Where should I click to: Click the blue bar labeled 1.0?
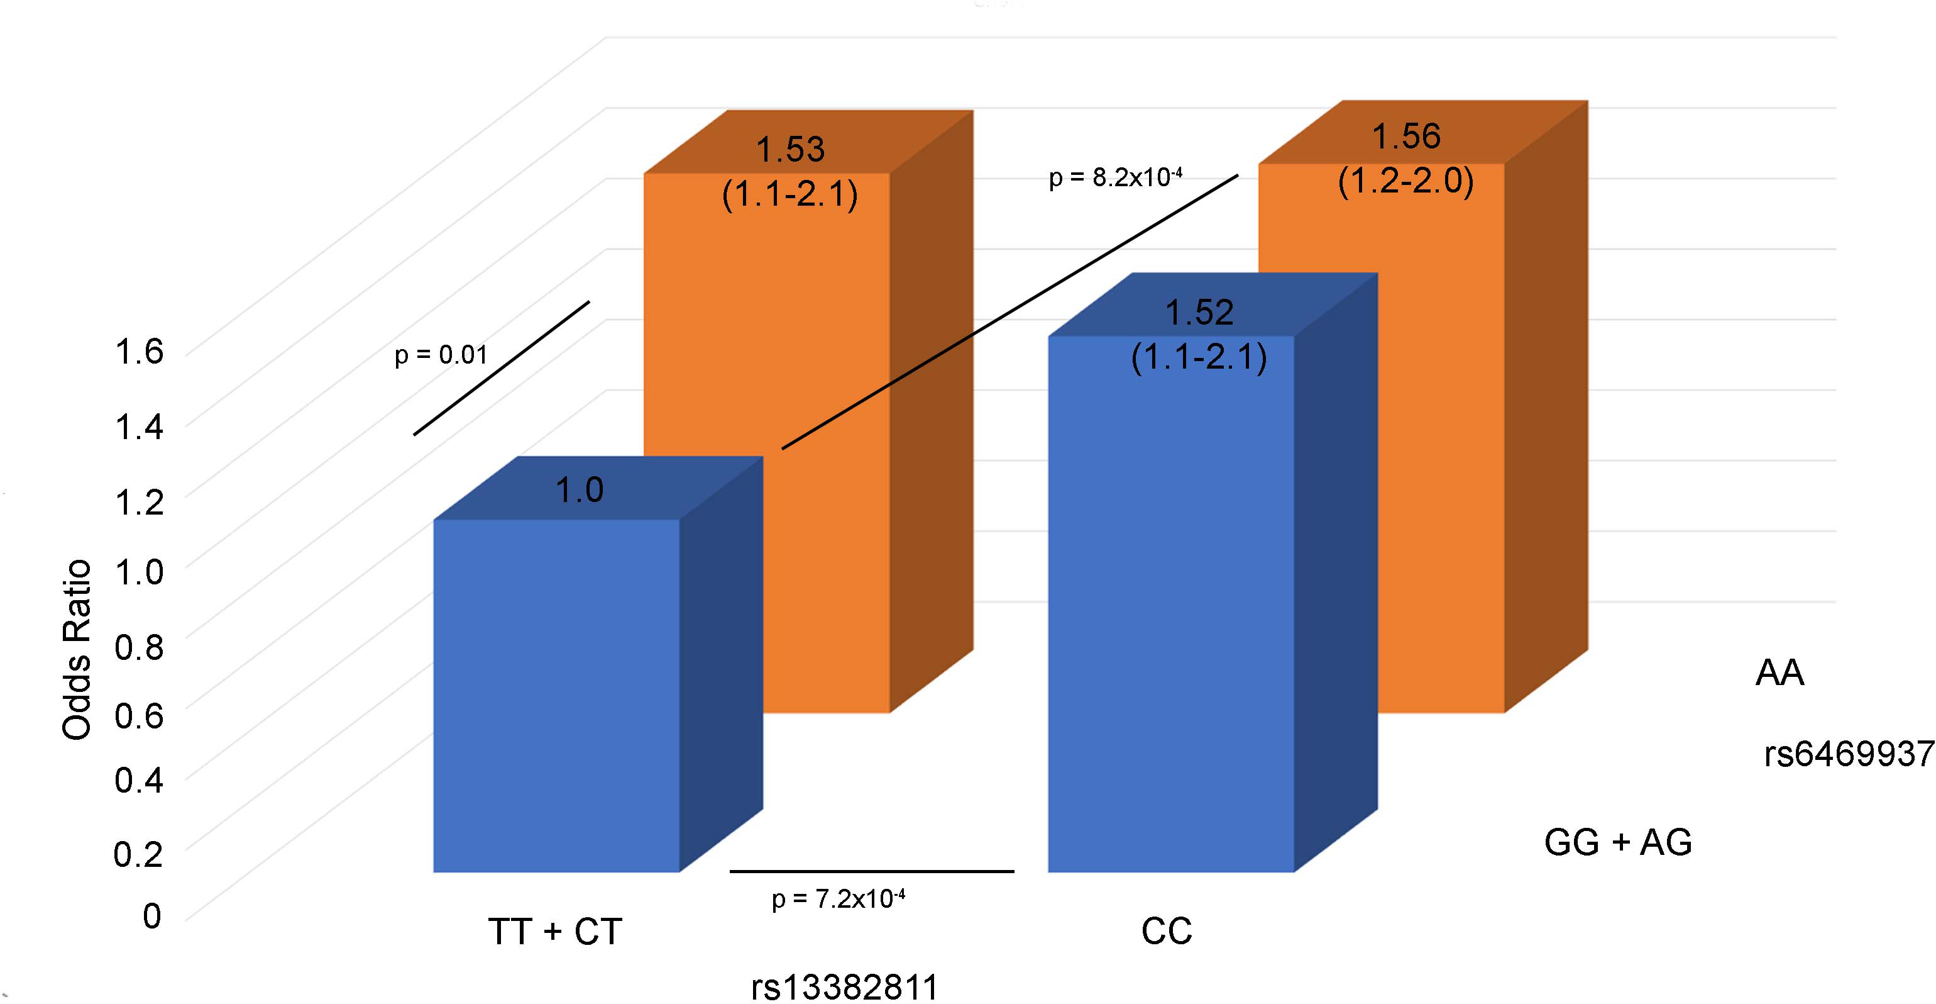(556, 695)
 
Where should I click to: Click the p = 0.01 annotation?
(441, 354)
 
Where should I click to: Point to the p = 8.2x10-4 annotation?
(1115, 177)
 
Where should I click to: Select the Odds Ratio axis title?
(77, 650)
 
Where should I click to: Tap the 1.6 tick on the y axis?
(139, 351)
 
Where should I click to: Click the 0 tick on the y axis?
(152, 916)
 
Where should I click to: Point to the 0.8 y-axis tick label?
(139, 646)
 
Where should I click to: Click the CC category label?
(1167, 932)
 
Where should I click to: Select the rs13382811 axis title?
(845, 988)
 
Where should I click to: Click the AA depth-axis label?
(1779, 672)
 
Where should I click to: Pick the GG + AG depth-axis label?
(1618, 842)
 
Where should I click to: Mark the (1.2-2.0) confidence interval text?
(1405, 181)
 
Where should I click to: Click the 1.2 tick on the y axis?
(139, 501)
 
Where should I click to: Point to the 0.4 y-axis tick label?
(139, 780)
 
